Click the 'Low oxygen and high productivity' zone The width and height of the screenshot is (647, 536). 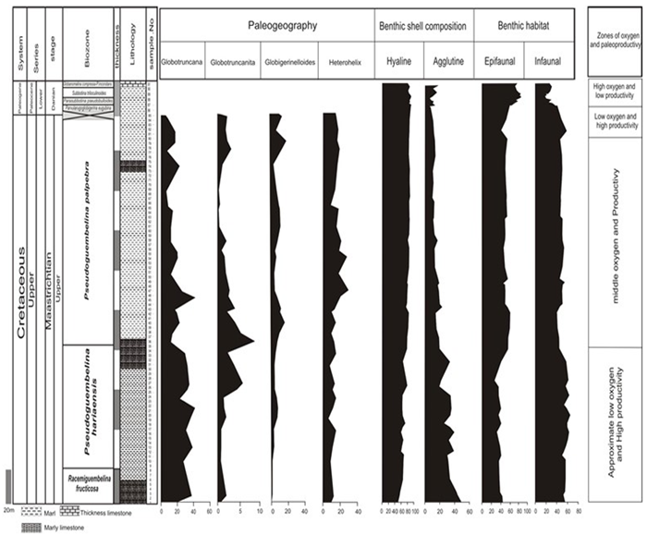click(x=616, y=123)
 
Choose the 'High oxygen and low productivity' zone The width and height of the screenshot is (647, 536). click(x=616, y=92)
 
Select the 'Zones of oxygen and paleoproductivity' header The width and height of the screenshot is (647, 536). click(x=616, y=40)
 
